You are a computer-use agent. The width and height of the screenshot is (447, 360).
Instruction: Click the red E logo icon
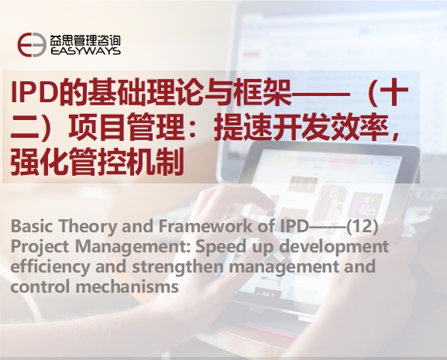pyautogui.click(x=32, y=45)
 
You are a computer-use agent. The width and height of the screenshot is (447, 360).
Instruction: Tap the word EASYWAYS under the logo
pyautogui.click(x=85, y=51)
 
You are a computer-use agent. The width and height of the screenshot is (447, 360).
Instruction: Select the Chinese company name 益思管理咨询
pyautogui.click(x=85, y=40)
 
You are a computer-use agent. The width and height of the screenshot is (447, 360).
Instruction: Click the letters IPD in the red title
pyautogui.click(x=33, y=93)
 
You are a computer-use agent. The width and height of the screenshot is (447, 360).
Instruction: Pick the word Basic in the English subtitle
pyautogui.click(x=32, y=226)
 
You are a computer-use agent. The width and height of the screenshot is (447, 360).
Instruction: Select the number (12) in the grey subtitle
pyautogui.click(x=362, y=226)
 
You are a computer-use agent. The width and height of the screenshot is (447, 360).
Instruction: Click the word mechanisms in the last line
pyautogui.click(x=127, y=286)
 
